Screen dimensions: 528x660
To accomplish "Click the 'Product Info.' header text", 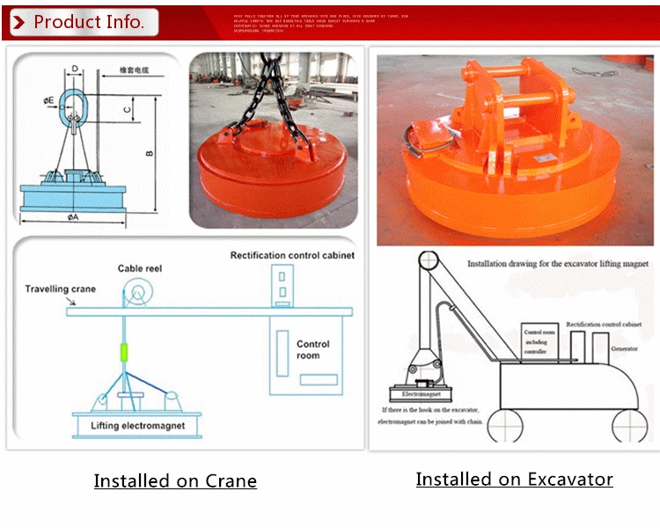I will (88, 22).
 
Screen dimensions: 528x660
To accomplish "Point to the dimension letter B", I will (149, 153).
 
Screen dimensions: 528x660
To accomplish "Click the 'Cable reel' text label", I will (139, 268).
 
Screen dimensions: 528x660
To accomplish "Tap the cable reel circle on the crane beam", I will (138, 293).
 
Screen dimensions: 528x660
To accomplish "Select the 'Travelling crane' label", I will (61, 289).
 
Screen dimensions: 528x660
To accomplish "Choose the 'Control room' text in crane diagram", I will (313, 349).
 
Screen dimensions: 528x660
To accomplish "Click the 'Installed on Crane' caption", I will (175, 480).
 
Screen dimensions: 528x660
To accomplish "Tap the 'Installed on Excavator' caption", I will (514, 479).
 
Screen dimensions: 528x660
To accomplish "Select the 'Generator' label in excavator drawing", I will (624, 348).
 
